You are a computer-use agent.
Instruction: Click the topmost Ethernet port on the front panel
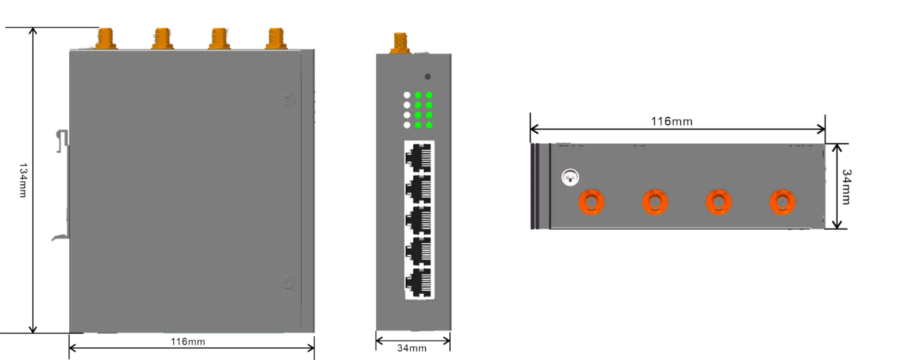pyautogui.click(x=419, y=157)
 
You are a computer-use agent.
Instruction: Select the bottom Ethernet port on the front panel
pyautogui.click(x=419, y=283)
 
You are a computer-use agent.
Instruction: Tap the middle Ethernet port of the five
pyautogui.click(x=419, y=220)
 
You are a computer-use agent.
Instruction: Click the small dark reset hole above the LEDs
pyautogui.click(x=428, y=77)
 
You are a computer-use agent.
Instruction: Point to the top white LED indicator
pyautogui.click(x=407, y=95)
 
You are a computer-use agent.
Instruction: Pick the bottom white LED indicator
pyautogui.click(x=407, y=125)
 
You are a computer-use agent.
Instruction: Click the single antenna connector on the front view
pyautogui.click(x=400, y=41)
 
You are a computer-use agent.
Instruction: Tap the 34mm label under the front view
pyautogui.click(x=411, y=349)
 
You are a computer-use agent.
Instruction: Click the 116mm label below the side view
pyautogui.click(x=188, y=342)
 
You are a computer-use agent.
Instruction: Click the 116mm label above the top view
pyautogui.click(x=673, y=122)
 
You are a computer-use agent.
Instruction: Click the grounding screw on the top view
pyautogui.click(x=570, y=178)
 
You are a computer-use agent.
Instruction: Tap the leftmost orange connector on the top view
pyautogui.click(x=591, y=202)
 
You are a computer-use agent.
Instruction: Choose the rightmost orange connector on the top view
pyautogui.click(x=782, y=202)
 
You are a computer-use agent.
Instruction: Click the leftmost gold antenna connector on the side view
pyautogui.click(x=106, y=38)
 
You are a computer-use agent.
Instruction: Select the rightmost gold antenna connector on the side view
pyautogui.click(x=276, y=38)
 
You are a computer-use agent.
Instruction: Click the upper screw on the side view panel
pyautogui.click(x=288, y=101)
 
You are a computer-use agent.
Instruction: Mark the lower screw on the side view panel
pyautogui.click(x=288, y=283)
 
